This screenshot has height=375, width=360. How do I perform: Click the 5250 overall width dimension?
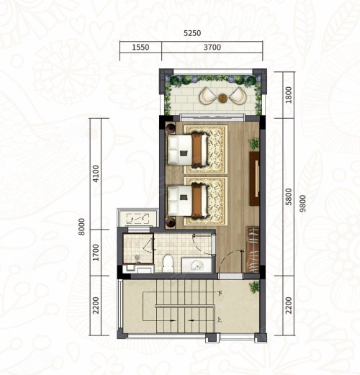(x=192, y=33)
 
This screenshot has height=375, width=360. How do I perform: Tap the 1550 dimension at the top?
(x=140, y=47)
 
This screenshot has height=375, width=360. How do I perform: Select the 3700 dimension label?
(x=212, y=47)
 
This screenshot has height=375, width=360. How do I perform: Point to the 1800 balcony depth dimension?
(x=289, y=95)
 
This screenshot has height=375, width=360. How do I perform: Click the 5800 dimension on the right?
(x=289, y=196)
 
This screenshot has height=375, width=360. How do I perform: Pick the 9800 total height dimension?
(x=303, y=204)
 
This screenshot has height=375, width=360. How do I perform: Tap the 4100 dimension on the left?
(x=96, y=173)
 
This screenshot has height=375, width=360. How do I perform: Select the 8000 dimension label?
(x=82, y=227)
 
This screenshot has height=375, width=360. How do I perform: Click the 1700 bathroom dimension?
(x=96, y=253)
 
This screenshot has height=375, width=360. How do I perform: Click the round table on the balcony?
(x=222, y=97)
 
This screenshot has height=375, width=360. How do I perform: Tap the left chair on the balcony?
(x=207, y=96)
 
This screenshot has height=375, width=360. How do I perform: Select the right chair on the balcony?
(x=238, y=96)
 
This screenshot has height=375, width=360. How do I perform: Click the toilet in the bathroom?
(x=168, y=263)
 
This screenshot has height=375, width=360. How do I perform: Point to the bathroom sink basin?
(x=197, y=266)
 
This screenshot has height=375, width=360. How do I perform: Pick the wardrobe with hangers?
(x=253, y=250)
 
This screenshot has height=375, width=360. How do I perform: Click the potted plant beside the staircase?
(x=254, y=286)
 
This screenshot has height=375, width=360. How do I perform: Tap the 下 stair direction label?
(x=219, y=293)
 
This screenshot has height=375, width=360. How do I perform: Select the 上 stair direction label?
(x=219, y=320)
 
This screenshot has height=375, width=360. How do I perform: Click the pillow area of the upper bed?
(x=174, y=150)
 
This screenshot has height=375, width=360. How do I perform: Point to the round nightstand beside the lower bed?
(x=171, y=222)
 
